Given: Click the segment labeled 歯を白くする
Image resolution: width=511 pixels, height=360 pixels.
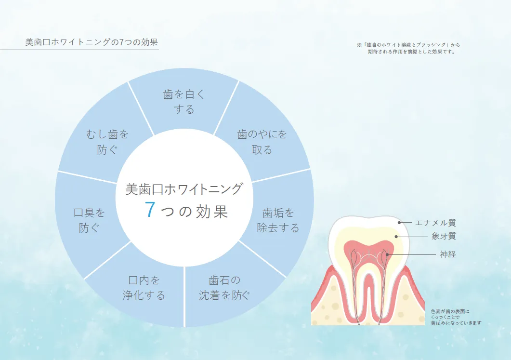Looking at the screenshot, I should [x=184, y=102].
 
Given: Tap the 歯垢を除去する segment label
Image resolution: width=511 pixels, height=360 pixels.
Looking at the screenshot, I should [x=278, y=220].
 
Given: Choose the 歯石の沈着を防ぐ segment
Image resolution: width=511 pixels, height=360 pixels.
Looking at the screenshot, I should [x=224, y=288].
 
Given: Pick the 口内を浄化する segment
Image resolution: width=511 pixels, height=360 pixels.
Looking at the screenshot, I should [x=144, y=288].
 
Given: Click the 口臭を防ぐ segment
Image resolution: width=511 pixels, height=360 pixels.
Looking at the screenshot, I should [x=89, y=220].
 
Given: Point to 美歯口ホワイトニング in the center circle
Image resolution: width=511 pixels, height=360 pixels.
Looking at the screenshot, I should [x=183, y=189].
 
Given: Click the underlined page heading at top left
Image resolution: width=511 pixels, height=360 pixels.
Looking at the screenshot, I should [x=92, y=42].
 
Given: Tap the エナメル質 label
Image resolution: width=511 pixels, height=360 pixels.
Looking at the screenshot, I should [x=435, y=223].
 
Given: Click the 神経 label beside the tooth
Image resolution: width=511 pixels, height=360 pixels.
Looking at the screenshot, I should [x=447, y=254].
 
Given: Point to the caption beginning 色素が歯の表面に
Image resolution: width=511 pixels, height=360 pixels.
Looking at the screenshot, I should [x=456, y=317].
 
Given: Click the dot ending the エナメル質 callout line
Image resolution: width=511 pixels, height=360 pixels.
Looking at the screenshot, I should [x=399, y=223].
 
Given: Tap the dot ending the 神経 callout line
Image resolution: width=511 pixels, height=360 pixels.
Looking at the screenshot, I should [x=387, y=254].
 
